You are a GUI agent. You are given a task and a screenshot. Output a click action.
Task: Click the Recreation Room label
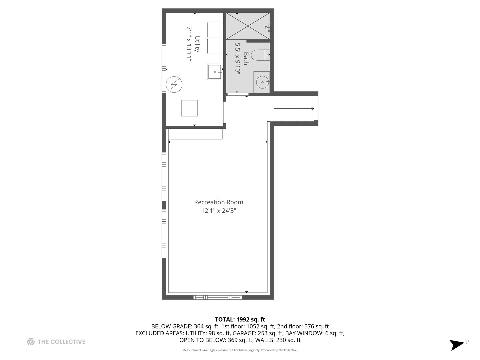[x=218, y=202]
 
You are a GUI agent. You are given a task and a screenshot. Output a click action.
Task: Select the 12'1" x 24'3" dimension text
[x=219, y=211]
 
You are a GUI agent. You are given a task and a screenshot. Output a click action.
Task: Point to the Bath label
[x=246, y=59]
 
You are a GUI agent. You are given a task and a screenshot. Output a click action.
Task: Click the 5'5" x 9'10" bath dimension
[x=238, y=59]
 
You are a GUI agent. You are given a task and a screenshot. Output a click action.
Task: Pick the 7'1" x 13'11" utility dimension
[x=189, y=44]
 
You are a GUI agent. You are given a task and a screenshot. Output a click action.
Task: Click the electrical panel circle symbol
[x=174, y=84]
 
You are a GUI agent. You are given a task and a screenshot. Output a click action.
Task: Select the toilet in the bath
[x=260, y=55]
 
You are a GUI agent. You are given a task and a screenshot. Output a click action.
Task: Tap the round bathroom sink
[x=262, y=82]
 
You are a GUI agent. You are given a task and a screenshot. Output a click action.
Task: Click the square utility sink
[x=215, y=72]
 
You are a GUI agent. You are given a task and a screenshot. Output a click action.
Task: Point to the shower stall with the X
[x=248, y=26]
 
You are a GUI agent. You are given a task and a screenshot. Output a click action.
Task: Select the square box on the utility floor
[x=189, y=108]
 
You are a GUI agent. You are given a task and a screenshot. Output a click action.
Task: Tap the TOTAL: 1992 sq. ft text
[x=240, y=319]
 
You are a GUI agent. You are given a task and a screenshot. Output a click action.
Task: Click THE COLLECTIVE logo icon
[x=31, y=341]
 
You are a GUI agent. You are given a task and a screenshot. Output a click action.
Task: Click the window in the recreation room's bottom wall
[x=218, y=297]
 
